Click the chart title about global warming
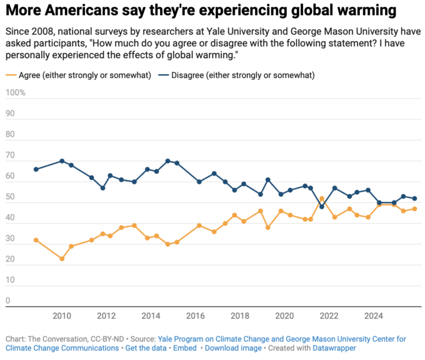(201, 11)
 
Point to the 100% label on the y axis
(15, 92)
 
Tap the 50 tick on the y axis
(10, 197)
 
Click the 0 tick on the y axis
(7, 301)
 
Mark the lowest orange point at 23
(62, 259)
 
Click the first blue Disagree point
(36, 169)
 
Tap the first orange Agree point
(36, 240)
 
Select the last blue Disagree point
(414, 199)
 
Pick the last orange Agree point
(414, 209)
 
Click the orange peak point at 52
(322, 199)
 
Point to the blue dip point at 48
(322, 207)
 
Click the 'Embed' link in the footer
(185, 348)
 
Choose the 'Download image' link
(233, 348)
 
